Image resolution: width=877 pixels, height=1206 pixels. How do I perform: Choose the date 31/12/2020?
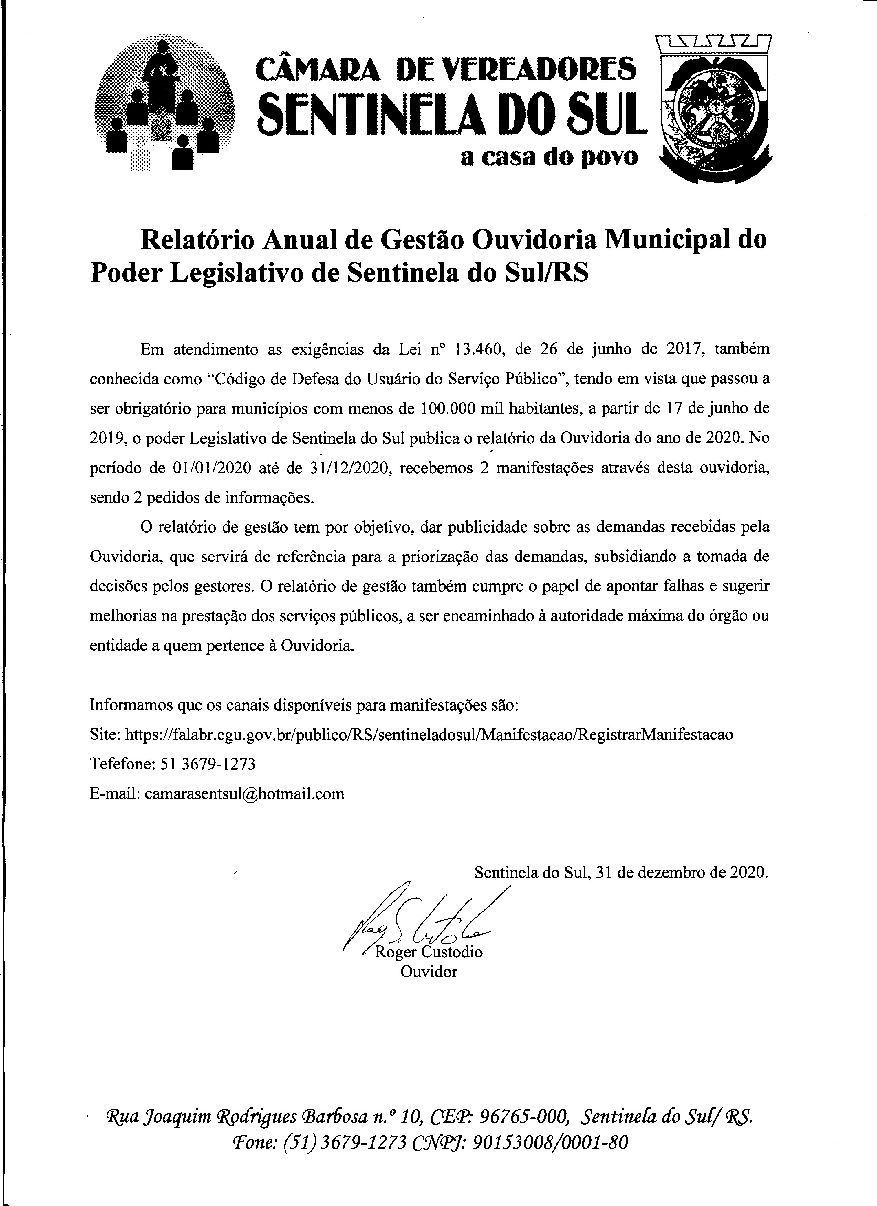[x=350, y=469]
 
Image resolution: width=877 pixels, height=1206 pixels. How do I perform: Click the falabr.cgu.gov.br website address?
[x=429, y=734]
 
